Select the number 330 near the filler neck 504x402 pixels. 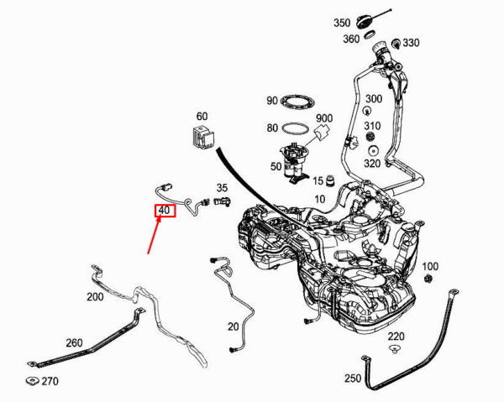[411, 43]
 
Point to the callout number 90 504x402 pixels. [272, 102]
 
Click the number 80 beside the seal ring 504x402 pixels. [272, 128]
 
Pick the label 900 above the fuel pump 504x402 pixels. [324, 118]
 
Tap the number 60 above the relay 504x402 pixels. [202, 116]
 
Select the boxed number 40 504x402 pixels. [164, 211]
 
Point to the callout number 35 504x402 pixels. [222, 188]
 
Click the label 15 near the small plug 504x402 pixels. [318, 180]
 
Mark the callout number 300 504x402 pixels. [374, 99]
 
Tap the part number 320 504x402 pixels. [373, 164]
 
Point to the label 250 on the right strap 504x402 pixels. [353, 379]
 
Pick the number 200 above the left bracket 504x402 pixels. [95, 297]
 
